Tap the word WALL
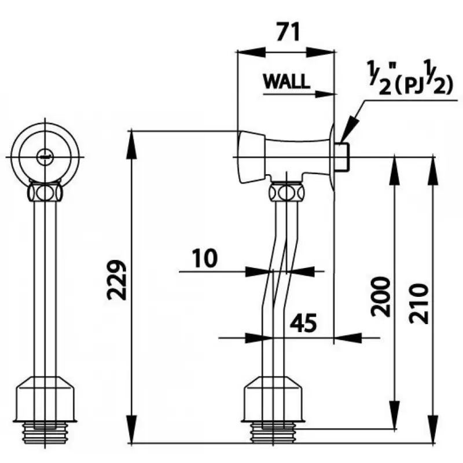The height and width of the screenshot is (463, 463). click(286, 82)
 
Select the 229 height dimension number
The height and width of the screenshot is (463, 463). click(118, 280)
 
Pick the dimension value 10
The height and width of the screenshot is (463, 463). click(204, 258)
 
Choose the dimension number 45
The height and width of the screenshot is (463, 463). click(302, 324)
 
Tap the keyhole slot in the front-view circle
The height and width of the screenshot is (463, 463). click(45, 155)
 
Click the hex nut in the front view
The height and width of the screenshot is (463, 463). click(45, 190)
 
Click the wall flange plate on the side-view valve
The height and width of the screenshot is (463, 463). click(333, 156)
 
